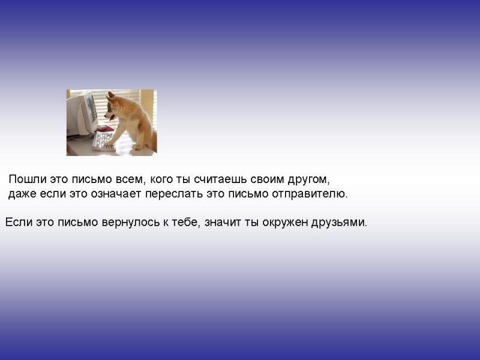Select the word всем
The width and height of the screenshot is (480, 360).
tap(129, 179)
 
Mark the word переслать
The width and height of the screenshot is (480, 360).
tap(173, 194)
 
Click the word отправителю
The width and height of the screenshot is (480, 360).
tap(310, 194)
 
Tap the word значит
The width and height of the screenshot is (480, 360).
tap(223, 222)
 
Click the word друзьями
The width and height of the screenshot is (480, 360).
tap(338, 223)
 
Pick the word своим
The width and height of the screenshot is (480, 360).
tap(267, 179)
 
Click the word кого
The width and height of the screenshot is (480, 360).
tap(161, 179)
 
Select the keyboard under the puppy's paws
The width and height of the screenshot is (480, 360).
tap(104, 140)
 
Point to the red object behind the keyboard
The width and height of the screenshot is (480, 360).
tap(105, 128)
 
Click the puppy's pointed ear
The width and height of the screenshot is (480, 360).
tap(111, 95)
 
